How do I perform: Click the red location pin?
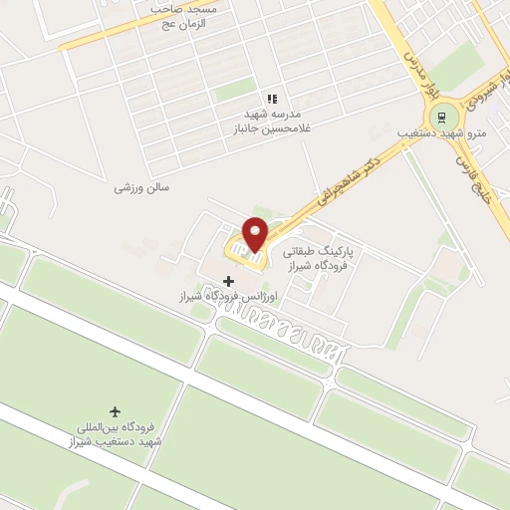tap(256, 234)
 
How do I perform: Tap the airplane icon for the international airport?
tap(116, 411)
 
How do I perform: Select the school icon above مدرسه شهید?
tap(271, 99)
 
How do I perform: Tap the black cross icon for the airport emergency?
tap(229, 281)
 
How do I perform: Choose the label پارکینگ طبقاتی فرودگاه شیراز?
tap(319, 260)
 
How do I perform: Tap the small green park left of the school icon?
tap(235, 90)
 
